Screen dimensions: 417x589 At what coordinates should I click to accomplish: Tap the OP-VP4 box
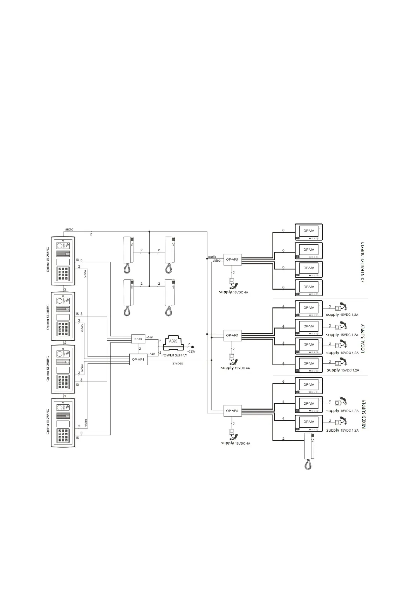tap(138, 359)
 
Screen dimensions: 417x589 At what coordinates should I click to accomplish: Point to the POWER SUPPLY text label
tap(174, 355)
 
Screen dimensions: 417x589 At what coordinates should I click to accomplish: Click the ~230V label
tap(191, 352)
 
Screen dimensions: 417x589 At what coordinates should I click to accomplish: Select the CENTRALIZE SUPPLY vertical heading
tap(363, 262)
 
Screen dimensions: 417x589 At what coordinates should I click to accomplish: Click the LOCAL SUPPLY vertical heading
tap(363, 338)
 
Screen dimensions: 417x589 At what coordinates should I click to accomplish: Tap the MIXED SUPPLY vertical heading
tap(364, 414)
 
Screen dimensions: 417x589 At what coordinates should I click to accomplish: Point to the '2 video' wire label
tap(178, 363)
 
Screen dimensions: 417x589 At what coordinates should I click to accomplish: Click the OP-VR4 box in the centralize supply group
tap(232, 260)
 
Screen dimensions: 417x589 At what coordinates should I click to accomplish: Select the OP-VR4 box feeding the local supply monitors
tap(232, 335)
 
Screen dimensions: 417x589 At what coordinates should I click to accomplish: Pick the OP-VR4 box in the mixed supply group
tap(232, 411)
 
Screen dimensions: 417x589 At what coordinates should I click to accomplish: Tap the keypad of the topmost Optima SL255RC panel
tap(63, 273)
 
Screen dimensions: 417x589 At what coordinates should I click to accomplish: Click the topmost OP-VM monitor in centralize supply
tap(309, 232)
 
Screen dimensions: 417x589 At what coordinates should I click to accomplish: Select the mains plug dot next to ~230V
tap(192, 347)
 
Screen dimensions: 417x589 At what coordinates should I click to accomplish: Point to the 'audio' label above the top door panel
tap(69, 229)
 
